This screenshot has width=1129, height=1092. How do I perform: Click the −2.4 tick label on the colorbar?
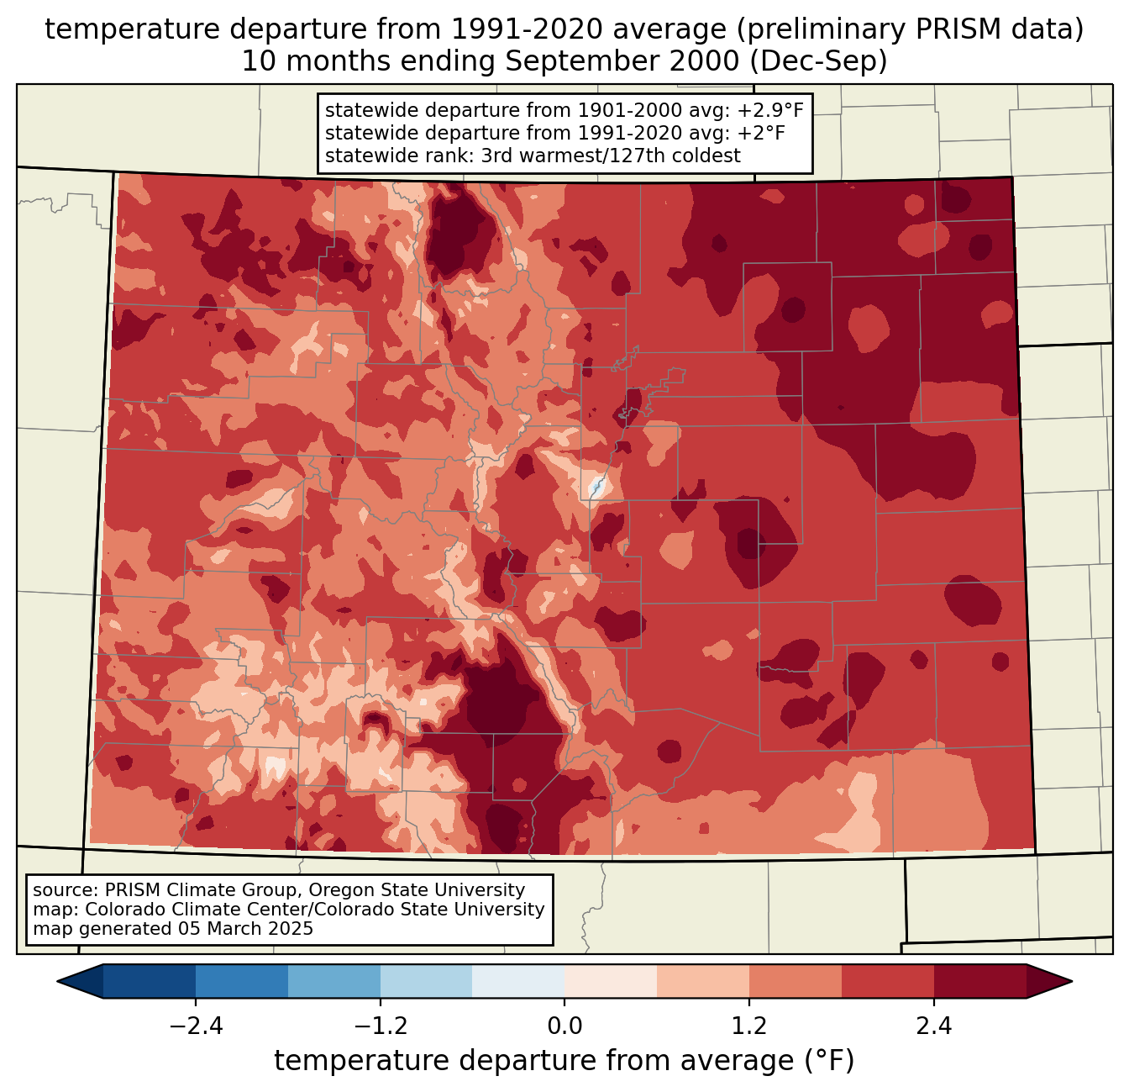pyautogui.click(x=196, y=1026)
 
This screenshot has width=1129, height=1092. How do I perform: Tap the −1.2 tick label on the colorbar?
pyautogui.click(x=380, y=1026)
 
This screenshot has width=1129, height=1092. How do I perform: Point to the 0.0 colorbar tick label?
pyautogui.click(x=564, y=1026)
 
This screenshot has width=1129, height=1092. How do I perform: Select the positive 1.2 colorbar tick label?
pyautogui.click(x=749, y=1026)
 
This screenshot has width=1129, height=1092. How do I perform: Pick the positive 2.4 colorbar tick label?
pyautogui.click(x=933, y=1026)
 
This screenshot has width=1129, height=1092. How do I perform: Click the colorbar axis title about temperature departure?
pyautogui.click(x=564, y=1061)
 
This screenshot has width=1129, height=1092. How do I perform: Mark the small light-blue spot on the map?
pyautogui.click(x=596, y=486)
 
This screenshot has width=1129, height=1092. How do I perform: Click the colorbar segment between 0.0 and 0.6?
pyautogui.click(x=611, y=981)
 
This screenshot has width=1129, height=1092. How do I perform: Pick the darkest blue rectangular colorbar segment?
pyautogui.click(x=150, y=981)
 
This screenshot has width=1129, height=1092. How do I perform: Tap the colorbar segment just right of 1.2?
pyautogui.click(x=796, y=981)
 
